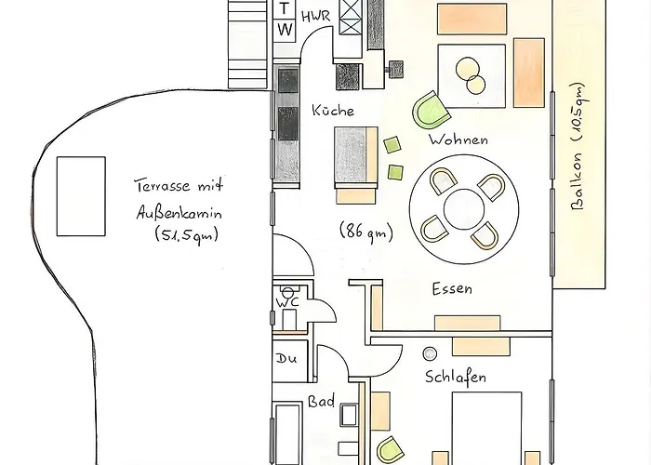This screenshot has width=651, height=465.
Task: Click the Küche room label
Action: tap(333, 110)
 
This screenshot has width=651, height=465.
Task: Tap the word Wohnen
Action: tap(458, 139)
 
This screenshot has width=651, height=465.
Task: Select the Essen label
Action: tap(452, 288)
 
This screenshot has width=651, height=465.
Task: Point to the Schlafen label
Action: tap(456, 377)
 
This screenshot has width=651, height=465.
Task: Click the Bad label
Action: tap(321, 401)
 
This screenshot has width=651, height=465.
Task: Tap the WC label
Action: tap(287, 302)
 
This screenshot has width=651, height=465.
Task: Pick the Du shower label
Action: tap(286, 358)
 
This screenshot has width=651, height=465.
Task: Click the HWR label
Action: tap(315, 17)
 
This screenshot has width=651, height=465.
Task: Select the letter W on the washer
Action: tap(285, 30)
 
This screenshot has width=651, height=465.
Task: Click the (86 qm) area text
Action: tap(366, 231)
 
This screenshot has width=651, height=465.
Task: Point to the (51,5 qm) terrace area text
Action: tap(186, 234)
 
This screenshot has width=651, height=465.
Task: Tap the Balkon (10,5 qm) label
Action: tap(578, 146)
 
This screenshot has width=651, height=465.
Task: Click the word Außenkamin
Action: tap(179, 213)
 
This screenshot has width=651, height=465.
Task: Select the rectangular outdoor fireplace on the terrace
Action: tap(81, 196)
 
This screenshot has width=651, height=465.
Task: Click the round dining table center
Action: tap(464, 209)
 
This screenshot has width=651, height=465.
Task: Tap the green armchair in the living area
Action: tap(432, 111)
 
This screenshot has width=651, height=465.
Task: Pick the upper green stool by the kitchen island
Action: tap(392, 145)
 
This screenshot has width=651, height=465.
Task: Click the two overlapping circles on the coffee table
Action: tap(471, 75)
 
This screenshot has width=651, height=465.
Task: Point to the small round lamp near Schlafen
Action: tap(430, 353)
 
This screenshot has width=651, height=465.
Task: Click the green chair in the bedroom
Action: tap(391, 451)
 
